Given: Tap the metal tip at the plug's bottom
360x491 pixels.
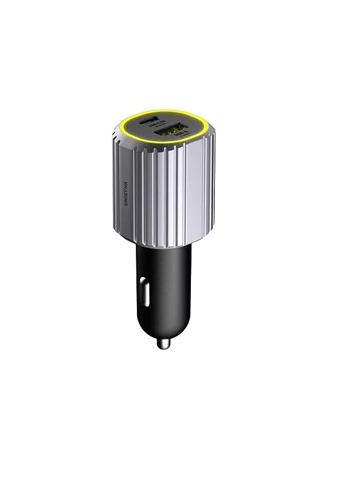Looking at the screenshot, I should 163,343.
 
